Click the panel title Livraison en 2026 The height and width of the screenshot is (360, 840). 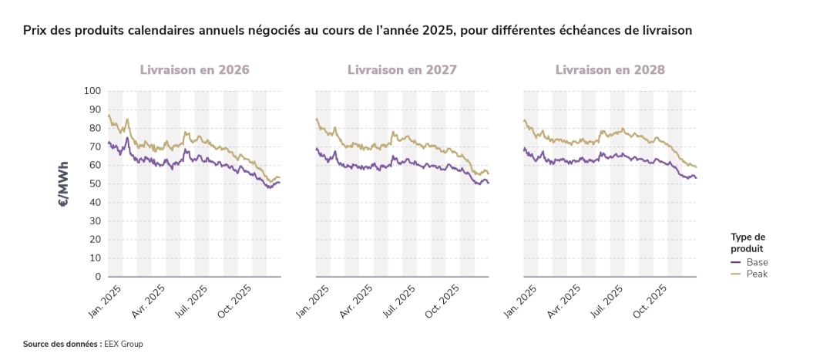point(194,69)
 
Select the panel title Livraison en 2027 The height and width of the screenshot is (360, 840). point(402,69)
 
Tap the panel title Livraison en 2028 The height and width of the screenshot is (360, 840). point(610,69)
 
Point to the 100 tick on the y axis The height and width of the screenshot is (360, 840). point(92,91)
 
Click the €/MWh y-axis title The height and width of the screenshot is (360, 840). point(63,183)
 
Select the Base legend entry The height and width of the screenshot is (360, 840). point(757,262)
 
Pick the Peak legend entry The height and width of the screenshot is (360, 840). point(757,274)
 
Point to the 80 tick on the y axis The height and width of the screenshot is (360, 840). point(95,128)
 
